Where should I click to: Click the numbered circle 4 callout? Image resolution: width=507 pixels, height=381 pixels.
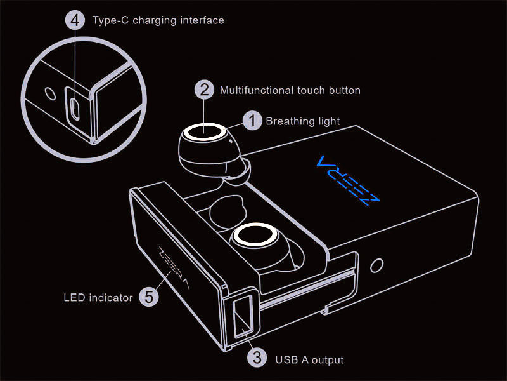(x=75, y=20)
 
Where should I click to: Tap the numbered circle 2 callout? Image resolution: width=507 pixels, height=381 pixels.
(x=204, y=90)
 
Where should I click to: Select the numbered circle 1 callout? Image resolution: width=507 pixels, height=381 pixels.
(x=252, y=121)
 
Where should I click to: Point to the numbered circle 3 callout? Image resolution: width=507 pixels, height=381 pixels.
(x=257, y=358)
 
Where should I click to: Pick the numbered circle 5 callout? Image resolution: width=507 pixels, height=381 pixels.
(x=149, y=296)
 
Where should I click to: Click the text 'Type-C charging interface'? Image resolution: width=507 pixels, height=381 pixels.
(x=158, y=20)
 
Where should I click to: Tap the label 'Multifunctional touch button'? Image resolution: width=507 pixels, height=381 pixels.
(x=290, y=90)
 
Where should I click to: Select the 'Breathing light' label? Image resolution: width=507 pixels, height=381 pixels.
(x=303, y=121)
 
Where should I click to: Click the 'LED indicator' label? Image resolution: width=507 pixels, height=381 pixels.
(x=98, y=297)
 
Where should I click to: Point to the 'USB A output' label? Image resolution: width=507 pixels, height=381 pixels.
(x=309, y=359)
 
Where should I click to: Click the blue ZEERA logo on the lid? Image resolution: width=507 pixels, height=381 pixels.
(x=347, y=180)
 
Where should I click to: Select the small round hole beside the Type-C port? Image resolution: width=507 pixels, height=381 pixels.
(x=50, y=93)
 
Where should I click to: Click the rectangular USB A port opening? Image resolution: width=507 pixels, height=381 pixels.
(x=243, y=317)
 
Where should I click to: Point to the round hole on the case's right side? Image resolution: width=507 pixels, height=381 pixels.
(x=376, y=265)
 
